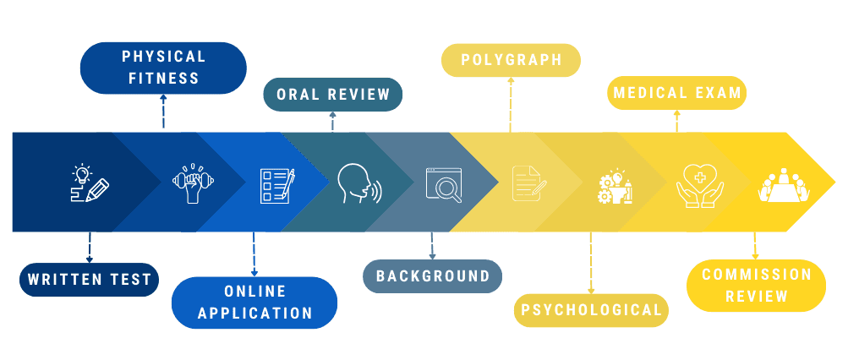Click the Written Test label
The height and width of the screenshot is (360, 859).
89,280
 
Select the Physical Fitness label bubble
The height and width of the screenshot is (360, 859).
163,68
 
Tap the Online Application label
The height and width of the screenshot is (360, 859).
254,302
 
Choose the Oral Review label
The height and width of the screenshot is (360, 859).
333,94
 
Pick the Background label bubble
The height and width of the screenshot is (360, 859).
432,276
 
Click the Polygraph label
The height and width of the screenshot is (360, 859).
511,60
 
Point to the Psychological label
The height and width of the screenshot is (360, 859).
591,310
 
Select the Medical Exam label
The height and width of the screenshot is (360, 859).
677,92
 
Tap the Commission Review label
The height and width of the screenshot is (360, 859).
756,286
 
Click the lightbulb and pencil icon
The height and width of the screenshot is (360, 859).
89,183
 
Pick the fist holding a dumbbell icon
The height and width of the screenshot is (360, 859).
190,183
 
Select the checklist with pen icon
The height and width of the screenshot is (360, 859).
276,184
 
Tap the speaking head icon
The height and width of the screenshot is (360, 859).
358,183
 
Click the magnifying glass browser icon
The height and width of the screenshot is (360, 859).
444,184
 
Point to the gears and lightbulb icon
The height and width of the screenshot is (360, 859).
615,185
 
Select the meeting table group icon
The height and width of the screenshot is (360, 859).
784,185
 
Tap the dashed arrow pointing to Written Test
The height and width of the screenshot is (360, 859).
89,247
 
